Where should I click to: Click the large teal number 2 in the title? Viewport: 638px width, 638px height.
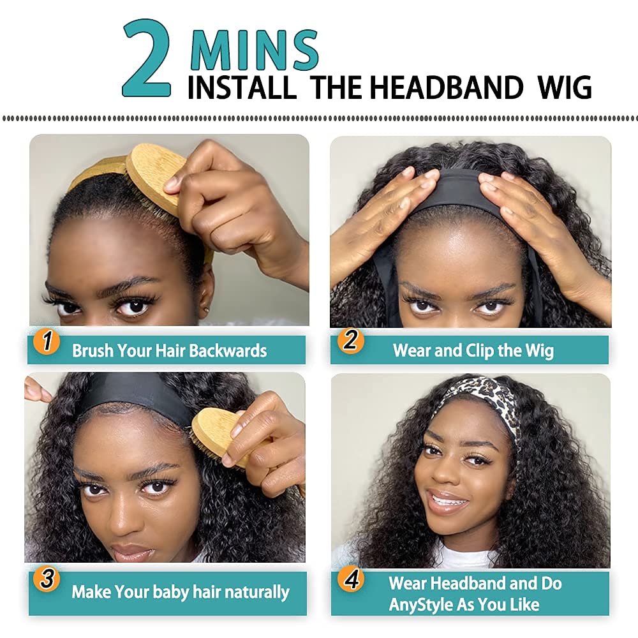click(x=147, y=59)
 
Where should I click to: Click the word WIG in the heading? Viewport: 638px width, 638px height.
click(x=565, y=87)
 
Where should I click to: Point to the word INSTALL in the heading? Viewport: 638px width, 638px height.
click(x=242, y=87)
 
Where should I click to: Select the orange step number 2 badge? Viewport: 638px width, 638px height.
click(x=350, y=340)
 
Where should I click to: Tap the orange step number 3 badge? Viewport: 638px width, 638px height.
click(x=47, y=579)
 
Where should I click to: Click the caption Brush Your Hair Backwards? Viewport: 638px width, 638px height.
click(x=169, y=350)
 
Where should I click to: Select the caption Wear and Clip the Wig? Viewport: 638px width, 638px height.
click(x=473, y=350)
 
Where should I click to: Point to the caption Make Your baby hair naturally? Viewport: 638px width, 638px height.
click(x=180, y=591)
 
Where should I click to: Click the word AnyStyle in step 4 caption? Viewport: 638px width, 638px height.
click(x=420, y=604)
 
